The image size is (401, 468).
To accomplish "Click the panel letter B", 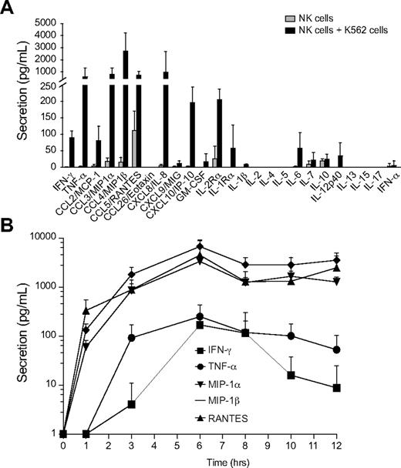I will click(8, 228).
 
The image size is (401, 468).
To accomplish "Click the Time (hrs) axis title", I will click(221, 460).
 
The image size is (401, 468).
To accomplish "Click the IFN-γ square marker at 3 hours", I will click(133, 404).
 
